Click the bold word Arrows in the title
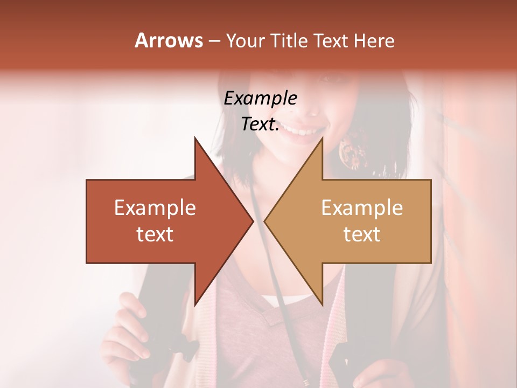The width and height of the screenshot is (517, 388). (x=169, y=40)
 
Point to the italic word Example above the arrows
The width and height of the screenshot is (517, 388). (x=260, y=99)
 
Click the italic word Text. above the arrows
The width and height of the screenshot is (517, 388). (x=260, y=124)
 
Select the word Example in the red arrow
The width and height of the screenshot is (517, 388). (x=155, y=208)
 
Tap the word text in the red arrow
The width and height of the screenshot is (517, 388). (x=155, y=234)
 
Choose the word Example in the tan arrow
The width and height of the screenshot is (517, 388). (x=362, y=208)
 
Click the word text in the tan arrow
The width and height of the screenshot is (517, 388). (x=362, y=234)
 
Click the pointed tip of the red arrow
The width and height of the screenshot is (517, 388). (x=251, y=221)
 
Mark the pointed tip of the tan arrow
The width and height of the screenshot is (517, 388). (x=266, y=221)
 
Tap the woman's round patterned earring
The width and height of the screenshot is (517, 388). (x=353, y=150)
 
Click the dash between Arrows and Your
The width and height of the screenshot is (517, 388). (x=213, y=41)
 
